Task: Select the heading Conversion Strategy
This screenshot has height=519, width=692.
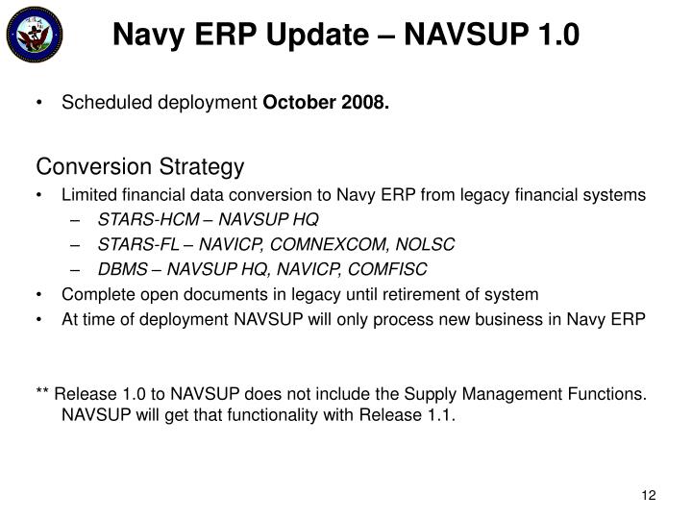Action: coord(140,167)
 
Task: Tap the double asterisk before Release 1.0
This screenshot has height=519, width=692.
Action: coord(43,393)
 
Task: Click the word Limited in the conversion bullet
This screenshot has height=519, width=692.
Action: coord(87,195)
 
